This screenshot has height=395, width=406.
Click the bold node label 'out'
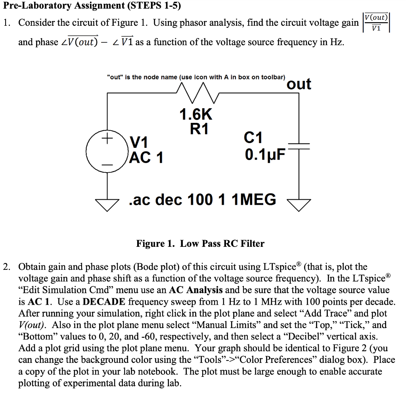pos(299,84)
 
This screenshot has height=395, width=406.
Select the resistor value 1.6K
pos(196,114)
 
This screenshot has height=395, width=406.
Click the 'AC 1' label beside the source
pos(146,158)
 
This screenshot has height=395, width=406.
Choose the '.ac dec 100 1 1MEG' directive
pos(203,199)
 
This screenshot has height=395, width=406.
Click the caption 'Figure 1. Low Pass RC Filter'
pos(200,243)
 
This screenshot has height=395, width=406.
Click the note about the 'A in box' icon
pos(196,77)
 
